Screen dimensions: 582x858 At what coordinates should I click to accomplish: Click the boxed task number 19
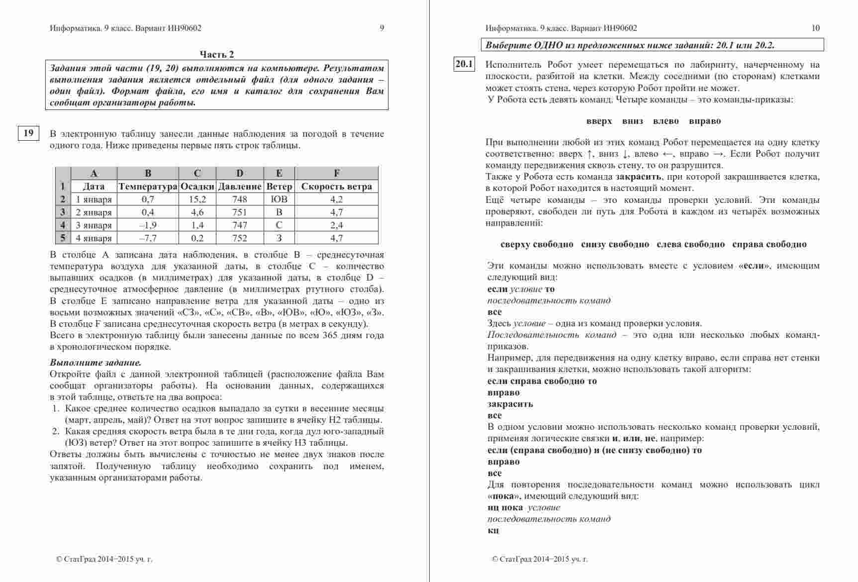[x=29, y=133]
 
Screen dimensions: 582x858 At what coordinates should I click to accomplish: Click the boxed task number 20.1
[x=464, y=64]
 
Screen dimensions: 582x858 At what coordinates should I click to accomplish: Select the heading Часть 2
[x=217, y=54]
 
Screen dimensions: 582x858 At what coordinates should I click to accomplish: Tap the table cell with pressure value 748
[x=240, y=199]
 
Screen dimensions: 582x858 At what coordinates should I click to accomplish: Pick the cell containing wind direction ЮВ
[x=279, y=199]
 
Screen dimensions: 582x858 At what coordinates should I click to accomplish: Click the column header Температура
[x=148, y=187]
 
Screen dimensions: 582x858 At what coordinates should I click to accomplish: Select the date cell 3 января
[x=94, y=225]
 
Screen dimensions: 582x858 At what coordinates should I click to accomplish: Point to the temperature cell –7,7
[x=148, y=238]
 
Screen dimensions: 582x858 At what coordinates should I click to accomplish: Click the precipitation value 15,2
[x=197, y=199]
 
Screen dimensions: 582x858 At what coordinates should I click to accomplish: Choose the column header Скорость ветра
[x=336, y=187]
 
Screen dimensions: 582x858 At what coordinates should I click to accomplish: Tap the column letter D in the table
[x=240, y=173]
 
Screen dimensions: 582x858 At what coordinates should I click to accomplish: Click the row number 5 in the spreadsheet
[x=63, y=238]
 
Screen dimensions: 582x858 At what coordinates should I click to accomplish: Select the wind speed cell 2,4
[x=336, y=225]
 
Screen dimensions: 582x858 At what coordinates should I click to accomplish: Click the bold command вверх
[x=599, y=121]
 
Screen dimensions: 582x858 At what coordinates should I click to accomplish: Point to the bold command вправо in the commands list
[x=705, y=121]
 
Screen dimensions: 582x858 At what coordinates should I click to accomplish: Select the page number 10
[x=815, y=28]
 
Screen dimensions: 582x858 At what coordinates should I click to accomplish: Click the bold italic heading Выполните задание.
[x=95, y=363]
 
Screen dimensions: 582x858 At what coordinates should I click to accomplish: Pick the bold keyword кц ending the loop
[x=493, y=531]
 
